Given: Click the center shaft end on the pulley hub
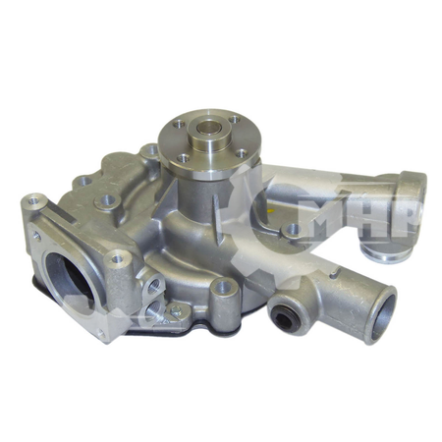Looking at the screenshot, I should coord(208,129).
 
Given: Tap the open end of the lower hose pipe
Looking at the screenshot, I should coord(379,313).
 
